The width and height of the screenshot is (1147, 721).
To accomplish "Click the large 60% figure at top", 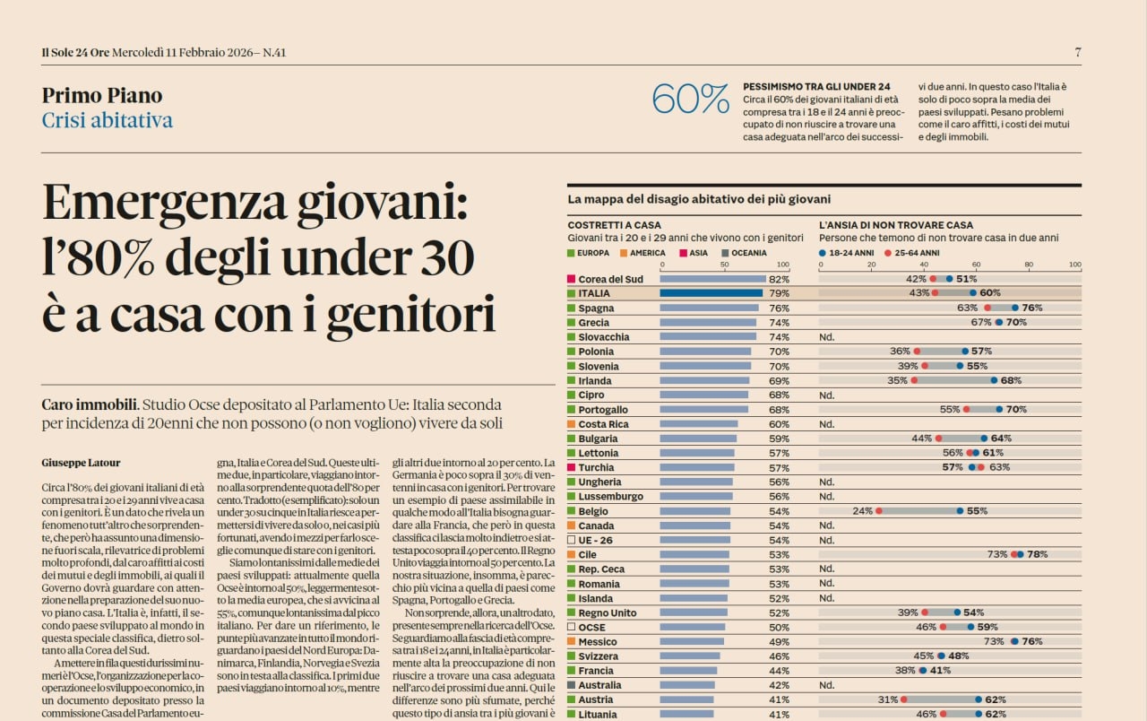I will pyautogui.click(x=690, y=99).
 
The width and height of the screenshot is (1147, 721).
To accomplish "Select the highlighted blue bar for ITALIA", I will pyautogui.click(x=711, y=293).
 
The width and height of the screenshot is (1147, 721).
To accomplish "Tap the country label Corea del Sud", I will pyautogui.click(x=610, y=279).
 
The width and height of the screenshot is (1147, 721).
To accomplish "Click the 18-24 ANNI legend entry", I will pyautogui.click(x=846, y=253).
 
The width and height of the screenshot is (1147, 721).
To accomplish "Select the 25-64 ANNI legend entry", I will pyautogui.click(x=913, y=253).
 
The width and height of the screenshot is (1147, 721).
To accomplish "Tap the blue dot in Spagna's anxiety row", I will pyautogui.click(x=1015, y=308).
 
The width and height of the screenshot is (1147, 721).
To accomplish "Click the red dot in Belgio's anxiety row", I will pyautogui.click(x=879, y=511).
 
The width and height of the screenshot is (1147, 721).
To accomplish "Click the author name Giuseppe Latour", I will pyautogui.click(x=80, y=463).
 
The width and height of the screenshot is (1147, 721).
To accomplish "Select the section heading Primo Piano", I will pyautogui.click(x=102, y=95).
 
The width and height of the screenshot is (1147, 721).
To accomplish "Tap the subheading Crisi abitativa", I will pyautogui.click(x=108, y=120).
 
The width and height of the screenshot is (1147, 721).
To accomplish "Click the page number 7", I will pyautogui.click(x=1078, y=52).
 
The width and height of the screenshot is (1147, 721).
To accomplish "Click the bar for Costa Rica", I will pyautogui.click(x=699, y=424).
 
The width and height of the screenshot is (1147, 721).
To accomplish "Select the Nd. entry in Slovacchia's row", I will pyautogui.click(x=826, y=337).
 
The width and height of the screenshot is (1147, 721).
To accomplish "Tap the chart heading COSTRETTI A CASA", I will pyautogui.click(x=613, y=225).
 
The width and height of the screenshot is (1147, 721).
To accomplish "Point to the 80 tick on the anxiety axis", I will pyautogui.click(x=1029, y=265).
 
